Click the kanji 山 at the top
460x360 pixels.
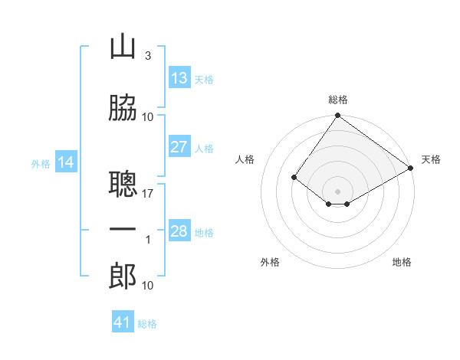coord(123,47)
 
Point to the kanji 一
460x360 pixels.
coord(123,230)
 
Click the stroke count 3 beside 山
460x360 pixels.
coord(147,56)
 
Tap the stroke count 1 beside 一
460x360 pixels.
coord(148,240)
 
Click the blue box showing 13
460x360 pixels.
coord(179,78)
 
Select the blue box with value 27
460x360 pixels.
coord(179,147)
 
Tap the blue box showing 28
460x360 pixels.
coord(179,231)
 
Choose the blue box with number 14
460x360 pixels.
coord(66,162)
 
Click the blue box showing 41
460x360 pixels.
coord(123,322)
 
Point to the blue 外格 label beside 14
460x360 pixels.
coord(41,163)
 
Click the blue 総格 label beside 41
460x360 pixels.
coord(147,324)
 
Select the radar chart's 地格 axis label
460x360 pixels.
coord(402,262)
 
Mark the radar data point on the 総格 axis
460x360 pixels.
coord(337,116)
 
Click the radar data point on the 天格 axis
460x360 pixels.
coord(411,167)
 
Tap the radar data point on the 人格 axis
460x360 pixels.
coord(294,177)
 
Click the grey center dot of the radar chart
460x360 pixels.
coord(337,191)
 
